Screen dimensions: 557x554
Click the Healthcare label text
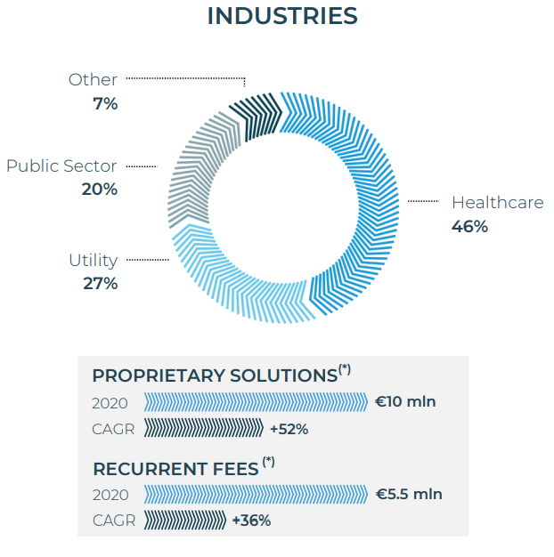[497, 203]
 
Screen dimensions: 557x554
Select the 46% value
[470, 227]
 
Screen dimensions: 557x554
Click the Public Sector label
[61, 166]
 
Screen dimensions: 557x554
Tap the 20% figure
[100, 190]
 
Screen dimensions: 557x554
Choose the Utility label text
[94, 261]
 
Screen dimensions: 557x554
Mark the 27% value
[100, 284]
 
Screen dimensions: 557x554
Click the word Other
[93, 80]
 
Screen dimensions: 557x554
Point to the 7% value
[105, 103]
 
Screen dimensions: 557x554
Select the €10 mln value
[405, 402]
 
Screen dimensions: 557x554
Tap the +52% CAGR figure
[289, 429]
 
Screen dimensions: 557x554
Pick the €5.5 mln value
[408, 495]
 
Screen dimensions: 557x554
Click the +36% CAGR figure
[251, 521]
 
